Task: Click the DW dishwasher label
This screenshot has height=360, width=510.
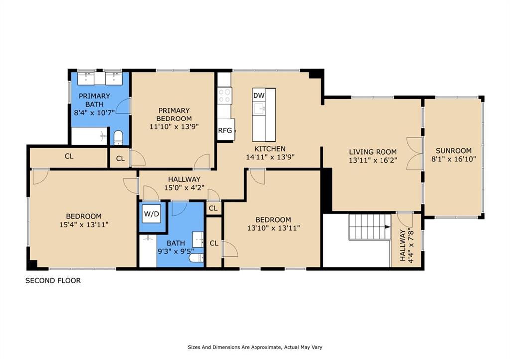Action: click(x=259, y=95)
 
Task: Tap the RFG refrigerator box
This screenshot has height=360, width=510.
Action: click(x=226, y=130)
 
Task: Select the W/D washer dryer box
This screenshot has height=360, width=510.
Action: click(x=152, y=214)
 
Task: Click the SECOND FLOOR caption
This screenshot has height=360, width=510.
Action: click(x=53, y=281)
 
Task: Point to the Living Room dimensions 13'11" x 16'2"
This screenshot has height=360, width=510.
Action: click(x=373, y=160)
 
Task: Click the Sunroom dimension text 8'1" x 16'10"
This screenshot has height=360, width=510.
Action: click(x=454, y=159)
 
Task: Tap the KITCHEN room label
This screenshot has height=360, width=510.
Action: click(x=270, y=149)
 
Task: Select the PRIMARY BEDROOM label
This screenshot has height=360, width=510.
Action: click(x=174, y=115)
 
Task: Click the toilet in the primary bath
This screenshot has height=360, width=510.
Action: click(x=118, y=137)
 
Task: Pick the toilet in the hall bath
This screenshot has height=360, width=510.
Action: click(x=196, y=258)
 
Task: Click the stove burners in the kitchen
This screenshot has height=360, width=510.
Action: click(x=224, y=95)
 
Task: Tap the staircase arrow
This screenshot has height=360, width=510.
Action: click(x=387, y=227)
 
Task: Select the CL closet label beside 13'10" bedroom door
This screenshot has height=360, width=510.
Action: click(x=214, y=243)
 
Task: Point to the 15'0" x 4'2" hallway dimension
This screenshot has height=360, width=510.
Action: click(x=184, y=188)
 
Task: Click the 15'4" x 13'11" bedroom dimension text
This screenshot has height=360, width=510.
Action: click(x=84, y=225)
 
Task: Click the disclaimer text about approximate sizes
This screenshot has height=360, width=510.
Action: click(x=255, y=347)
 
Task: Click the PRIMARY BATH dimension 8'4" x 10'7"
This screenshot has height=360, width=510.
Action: click(x=94, y=113)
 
